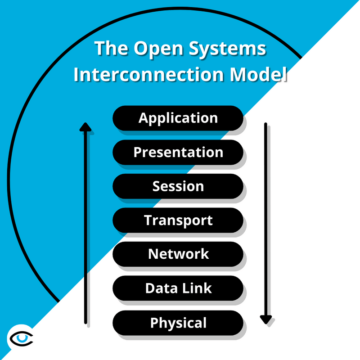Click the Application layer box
click(x=178, y=118)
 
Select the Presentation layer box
click(x=178, y=152)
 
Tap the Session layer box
click(x=178, y=186)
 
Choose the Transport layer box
click(x=178, y=220)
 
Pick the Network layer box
click(x=178, y=254)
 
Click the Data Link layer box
click(x=178, y=288)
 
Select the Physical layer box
click(x=178, y=323)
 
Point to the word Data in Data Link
click(x=160, y=288)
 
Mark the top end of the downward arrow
click(x=265, y=124)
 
